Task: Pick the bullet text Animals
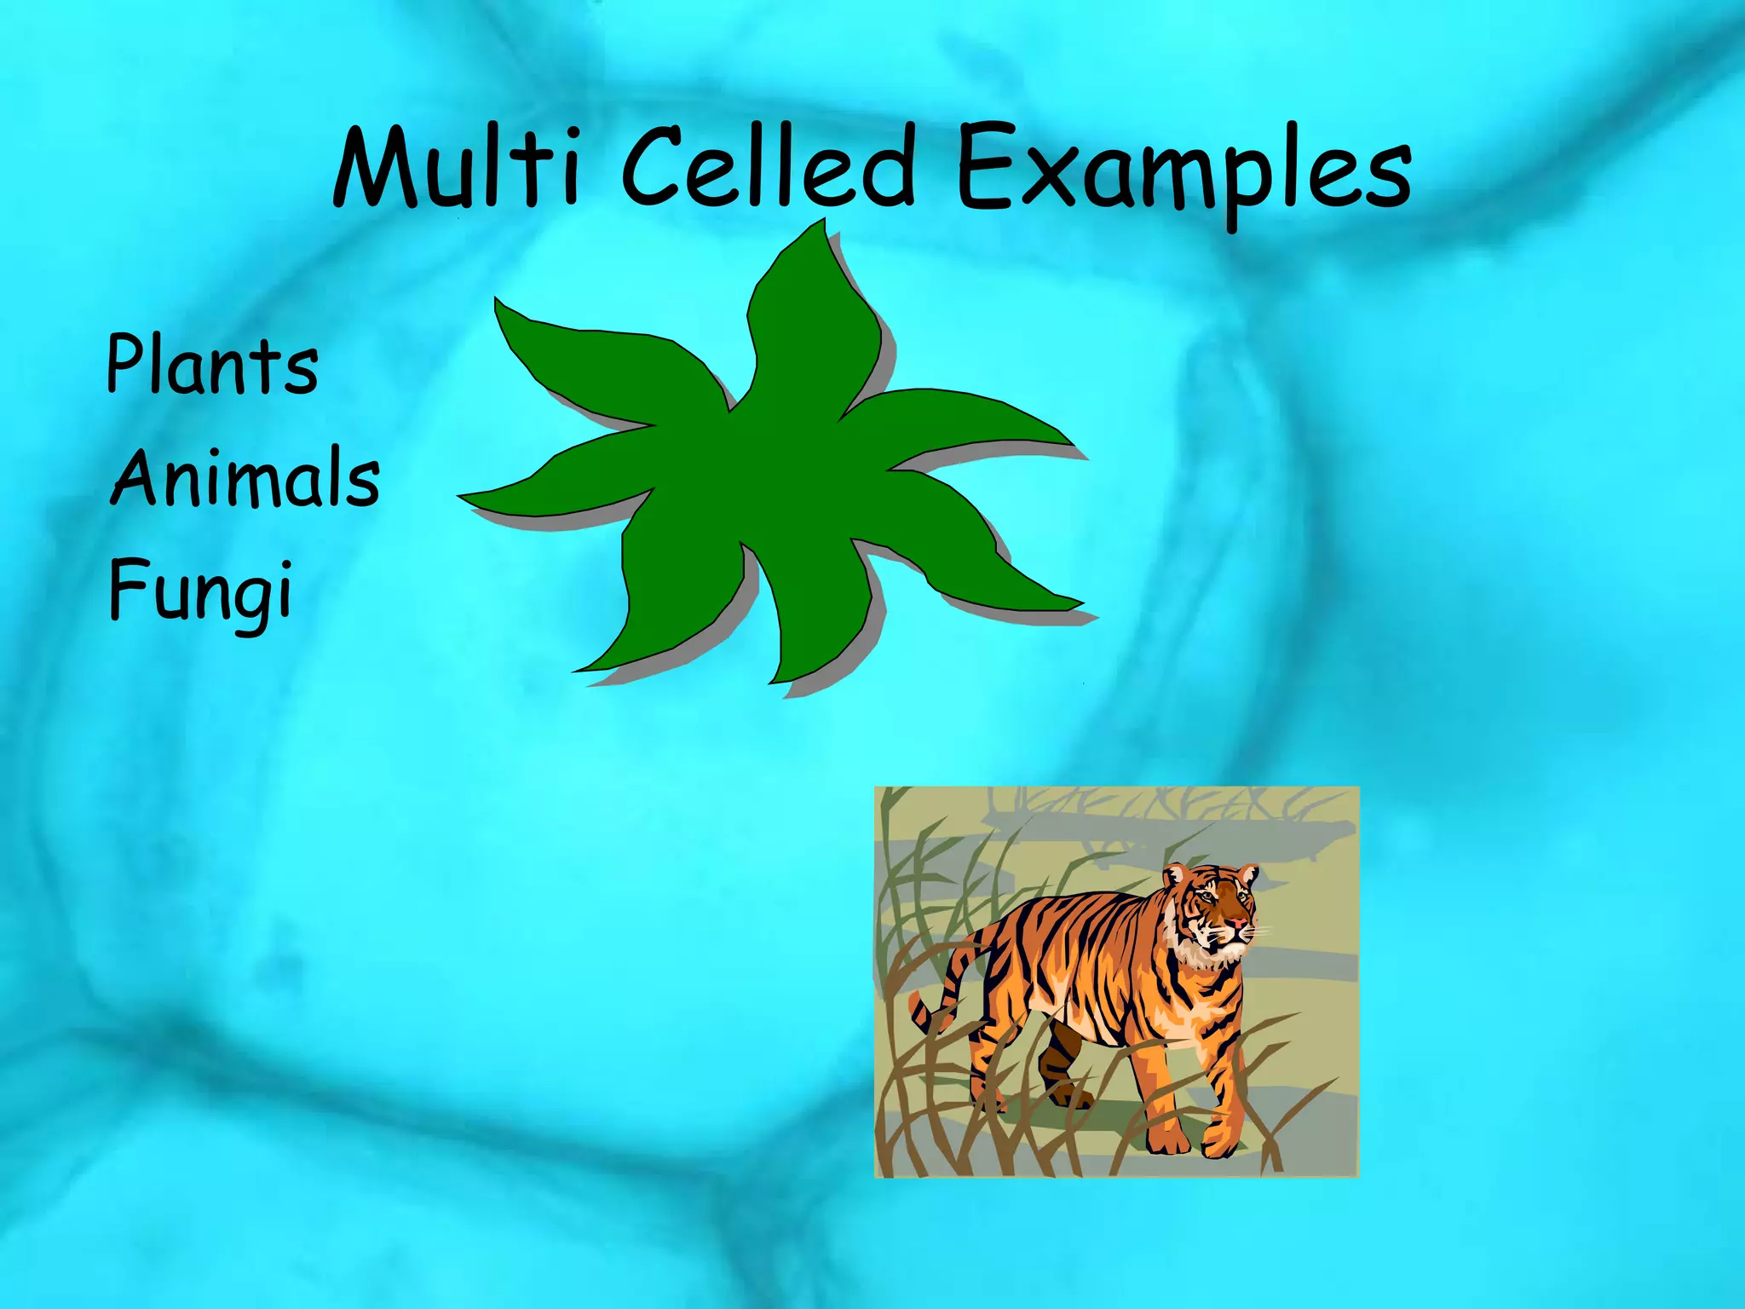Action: click(245, 477)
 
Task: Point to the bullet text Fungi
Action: click(201, 591)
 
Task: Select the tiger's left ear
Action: click(1177, 874)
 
